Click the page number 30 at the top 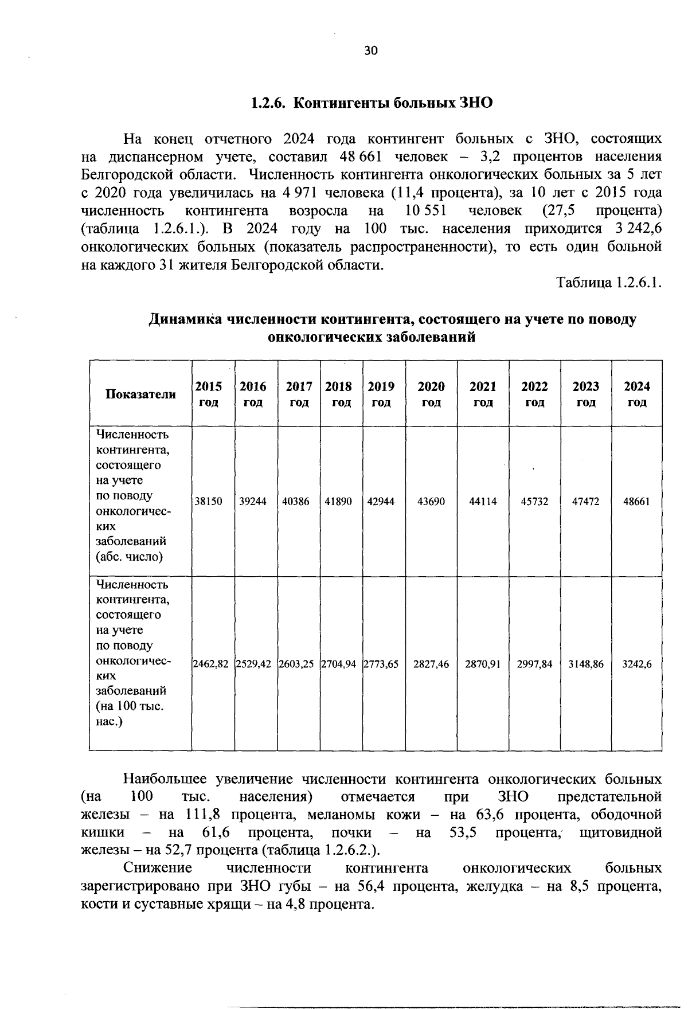(371, 51)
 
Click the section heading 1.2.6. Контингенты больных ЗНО (372, 103)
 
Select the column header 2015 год (208, 394)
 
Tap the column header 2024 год (637, 394)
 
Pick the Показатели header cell (140, 394)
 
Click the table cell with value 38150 (208, 502)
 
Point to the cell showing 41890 (338, 502)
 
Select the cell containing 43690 (431, 502)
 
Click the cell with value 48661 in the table (637, 502)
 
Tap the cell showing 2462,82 (210, 664)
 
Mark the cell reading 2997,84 (534, 664)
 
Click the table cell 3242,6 (637, 664)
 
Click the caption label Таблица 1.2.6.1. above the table (609, 283)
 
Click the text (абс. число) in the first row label (130, 556)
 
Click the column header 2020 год (431, 394)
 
